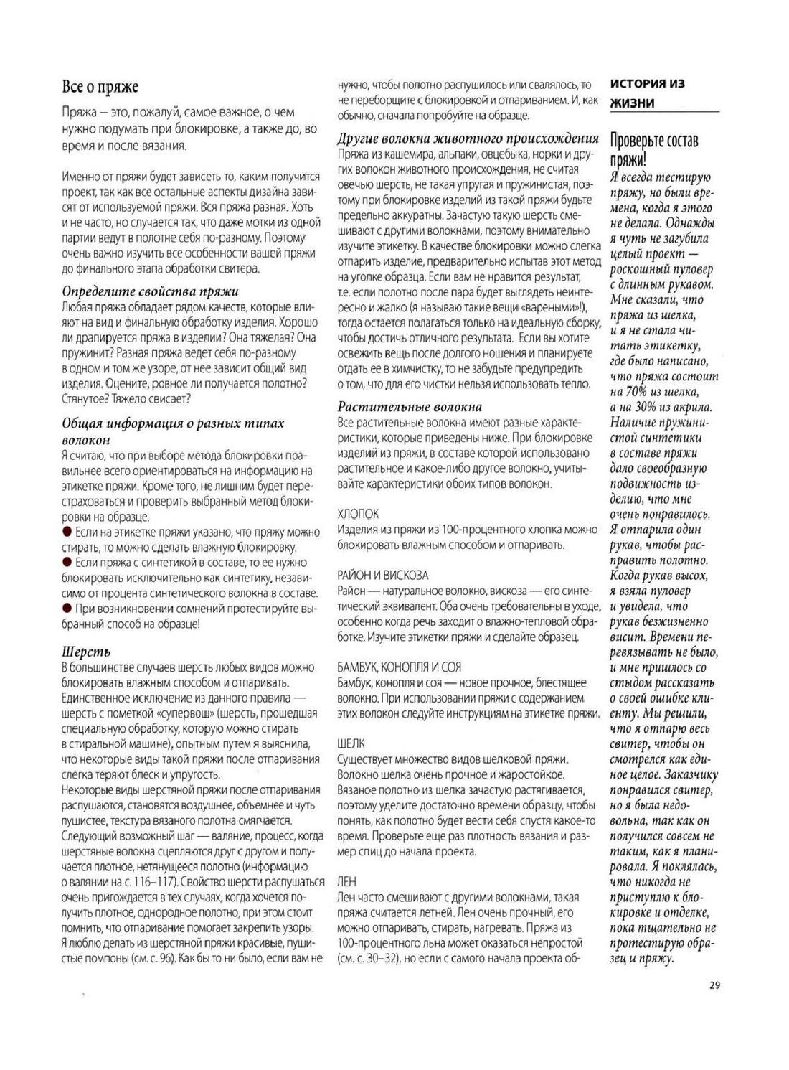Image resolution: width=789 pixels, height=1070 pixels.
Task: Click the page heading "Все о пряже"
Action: pyautogui.click(x=100, y=87)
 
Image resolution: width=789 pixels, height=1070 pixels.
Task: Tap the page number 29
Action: pyautogui.click(x=714, y=985)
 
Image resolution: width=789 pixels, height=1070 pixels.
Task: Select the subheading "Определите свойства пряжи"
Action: pyautogui.click(x=151, y=291)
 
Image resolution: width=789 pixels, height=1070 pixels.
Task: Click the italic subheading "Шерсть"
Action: pyautogui.click(x=86, y=652)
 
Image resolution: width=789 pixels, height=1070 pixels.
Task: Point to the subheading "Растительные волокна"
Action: pyautogui.click(x=410, y=407)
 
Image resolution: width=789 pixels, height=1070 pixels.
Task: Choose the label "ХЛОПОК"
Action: pyautogui.click(x=358, y=514)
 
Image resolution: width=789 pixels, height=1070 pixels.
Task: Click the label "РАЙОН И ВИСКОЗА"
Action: pyautogui.click(x=382, y=575)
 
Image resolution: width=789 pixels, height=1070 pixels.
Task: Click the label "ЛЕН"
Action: pyautogui.click(x=346, y=881)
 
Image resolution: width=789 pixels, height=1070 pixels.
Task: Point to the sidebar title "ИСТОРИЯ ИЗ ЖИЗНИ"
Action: pyautogui.click(x=647, y=93)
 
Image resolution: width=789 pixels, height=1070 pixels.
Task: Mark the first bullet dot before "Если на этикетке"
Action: pyautogui.click(x=67, y=532)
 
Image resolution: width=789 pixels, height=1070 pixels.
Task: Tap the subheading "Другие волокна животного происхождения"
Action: pyautogui.click(x=468, y=139)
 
